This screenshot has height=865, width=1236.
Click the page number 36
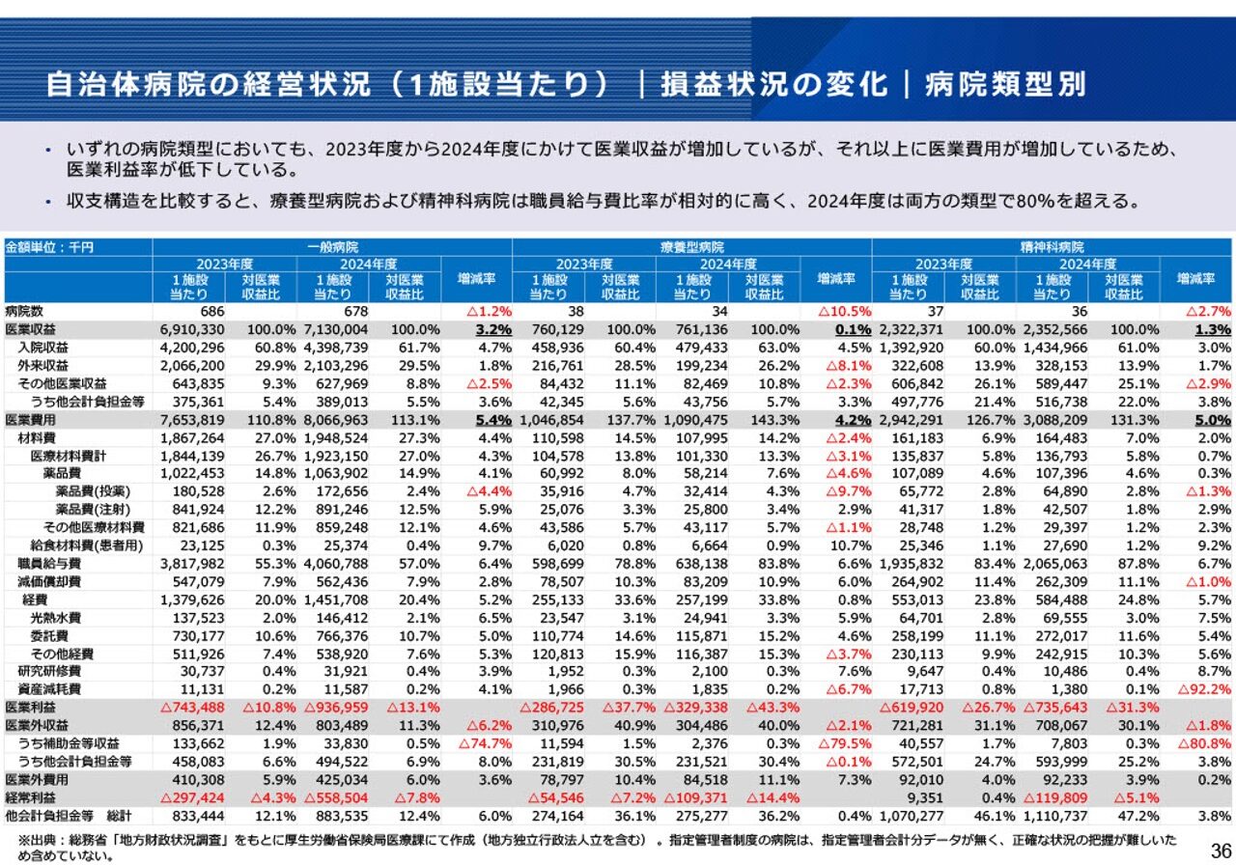pos(1220,849)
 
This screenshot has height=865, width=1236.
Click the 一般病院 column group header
pos(332,248)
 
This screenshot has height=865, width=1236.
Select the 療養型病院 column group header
pos(691,248)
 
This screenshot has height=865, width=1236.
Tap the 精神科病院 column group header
pos(1052,248)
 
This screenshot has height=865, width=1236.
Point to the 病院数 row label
pos(25,311)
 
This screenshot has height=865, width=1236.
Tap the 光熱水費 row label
pos(55,617)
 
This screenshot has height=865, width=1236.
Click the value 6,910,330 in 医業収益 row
pos(191,329)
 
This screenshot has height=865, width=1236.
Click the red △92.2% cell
pos(1203,689)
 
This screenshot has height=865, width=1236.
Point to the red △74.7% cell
pos(485,743)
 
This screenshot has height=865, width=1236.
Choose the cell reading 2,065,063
pos(1055,563)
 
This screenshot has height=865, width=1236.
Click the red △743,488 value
pos(190,707)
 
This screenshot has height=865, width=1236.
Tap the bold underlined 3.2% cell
pos(492,329)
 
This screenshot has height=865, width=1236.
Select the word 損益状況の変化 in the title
pos(773,84)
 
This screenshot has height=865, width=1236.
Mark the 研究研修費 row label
pos(49,671)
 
